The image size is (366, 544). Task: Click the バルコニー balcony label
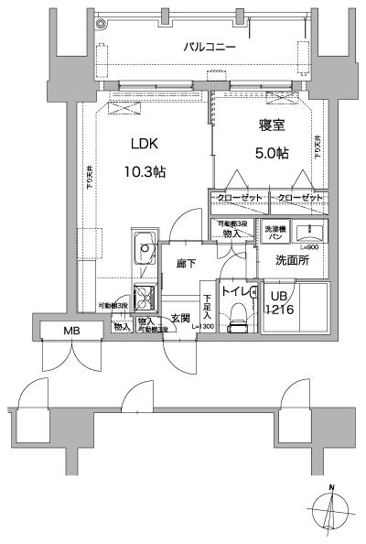click(x=210, y=45)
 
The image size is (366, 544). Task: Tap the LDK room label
click(x=145, y=144)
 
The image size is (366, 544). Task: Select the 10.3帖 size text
click(x=145, y=170)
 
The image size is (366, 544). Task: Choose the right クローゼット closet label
click(x=299, y=199)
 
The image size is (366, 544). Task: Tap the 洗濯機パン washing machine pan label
click(x=274, y=231)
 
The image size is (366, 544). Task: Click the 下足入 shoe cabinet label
click(x=207, y=306)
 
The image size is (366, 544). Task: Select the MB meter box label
click(x=70, y=331)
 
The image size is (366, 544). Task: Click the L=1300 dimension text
click(x=202, y=326)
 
